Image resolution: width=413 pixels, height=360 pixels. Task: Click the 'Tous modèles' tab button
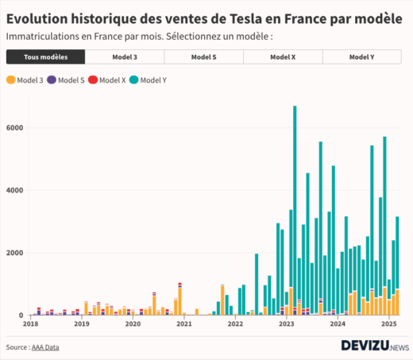click(45, 57)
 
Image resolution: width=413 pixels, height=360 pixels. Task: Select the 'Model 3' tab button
click(125, 57)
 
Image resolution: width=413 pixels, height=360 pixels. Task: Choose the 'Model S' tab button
click(204, 57)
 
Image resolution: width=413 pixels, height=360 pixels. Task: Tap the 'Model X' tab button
click(284, 57)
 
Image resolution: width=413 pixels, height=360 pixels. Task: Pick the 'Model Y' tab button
click(362, 57)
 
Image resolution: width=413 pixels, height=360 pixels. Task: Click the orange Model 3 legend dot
click(10, 80)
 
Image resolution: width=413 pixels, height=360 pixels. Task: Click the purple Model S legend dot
click(52, 80)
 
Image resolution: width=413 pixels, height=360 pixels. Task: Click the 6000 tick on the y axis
click(14, 128)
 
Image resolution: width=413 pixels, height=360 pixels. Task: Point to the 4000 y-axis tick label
click(14, 191)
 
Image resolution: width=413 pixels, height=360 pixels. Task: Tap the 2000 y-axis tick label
click(14, 253)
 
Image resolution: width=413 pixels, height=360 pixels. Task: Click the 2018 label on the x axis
click(30, 324)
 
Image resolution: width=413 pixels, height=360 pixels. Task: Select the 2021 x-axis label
click(184, 324)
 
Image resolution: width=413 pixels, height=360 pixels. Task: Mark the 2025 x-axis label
click(389, 324)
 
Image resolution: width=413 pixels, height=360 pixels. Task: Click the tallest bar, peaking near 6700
click(295, 211)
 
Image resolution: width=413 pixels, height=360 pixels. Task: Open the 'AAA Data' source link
click(45, 347)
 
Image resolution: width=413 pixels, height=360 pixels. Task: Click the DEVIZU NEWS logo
click(374, 346)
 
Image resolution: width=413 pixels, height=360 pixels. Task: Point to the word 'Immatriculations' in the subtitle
click(41, 37)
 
